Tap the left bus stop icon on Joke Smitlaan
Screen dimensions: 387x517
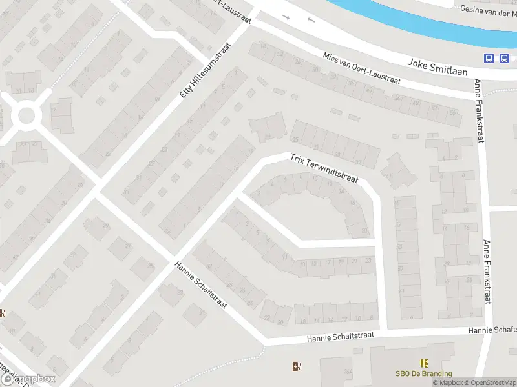click(489, 58)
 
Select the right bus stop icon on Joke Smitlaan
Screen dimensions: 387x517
click(503, 58)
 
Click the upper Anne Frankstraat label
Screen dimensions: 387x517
click(480, 111)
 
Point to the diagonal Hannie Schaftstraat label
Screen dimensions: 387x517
click(201, 284)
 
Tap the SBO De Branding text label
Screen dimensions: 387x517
click(424, 373)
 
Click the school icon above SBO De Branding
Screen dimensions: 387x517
click(424, 363)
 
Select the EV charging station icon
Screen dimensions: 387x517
click(297, 367)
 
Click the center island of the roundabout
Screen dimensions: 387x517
click(26, 116)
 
